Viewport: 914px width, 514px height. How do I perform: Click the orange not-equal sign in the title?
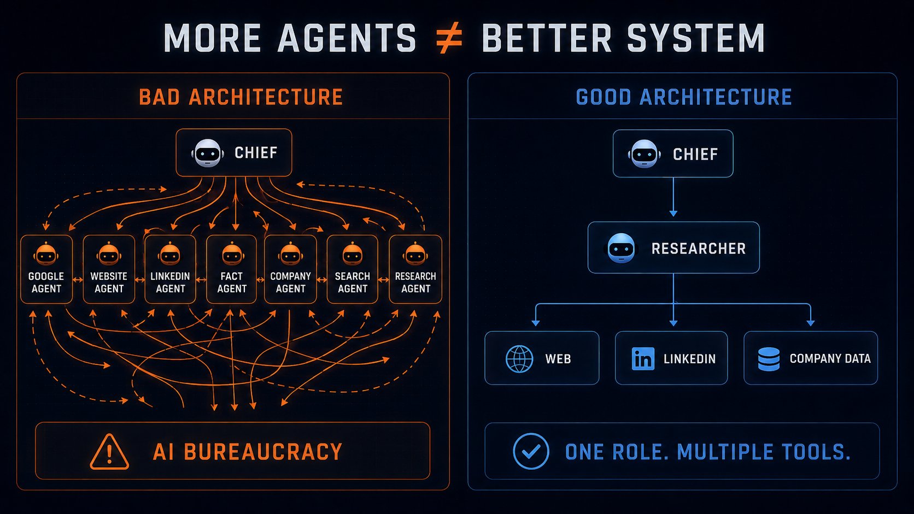pyautogui.click(x=449, y=38)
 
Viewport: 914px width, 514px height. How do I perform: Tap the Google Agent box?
pyautogui.click(x=46, y=269)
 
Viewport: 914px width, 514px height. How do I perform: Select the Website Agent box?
pyautogui.click(x=109, y=269)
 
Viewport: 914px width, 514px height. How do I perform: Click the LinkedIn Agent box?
pyautogui.click(x=170, y=269)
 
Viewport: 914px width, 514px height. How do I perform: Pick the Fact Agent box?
pyautogui.click(x=231, y=269)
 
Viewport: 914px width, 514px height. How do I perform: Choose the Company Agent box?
pyautogui.click(x=290, y=269)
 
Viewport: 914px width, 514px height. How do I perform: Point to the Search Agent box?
pyautogui.click(x=353, y=269)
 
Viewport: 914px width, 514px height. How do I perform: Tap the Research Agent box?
pyautogui.click(x=415, y=269)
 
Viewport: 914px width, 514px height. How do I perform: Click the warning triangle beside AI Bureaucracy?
pyautogui.click(x=109, y=452)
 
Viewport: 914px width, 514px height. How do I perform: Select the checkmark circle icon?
pyautogui.click(x=531, y=451)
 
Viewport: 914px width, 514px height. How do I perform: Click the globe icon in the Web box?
pyautogui.click(x=519, y=359)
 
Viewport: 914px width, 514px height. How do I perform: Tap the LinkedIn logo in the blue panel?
pyautogui.click(x=643, y=359)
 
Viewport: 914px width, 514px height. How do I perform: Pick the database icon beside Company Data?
pyautogui.click(x=769, y=359)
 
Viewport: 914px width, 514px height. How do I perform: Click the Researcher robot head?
pyautogui.click(x=621, y=248)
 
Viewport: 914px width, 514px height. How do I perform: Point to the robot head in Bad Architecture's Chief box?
pyautogui.click(x=208, y=153)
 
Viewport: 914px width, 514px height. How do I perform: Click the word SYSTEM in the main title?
pyautogui.click(x=696, y=38)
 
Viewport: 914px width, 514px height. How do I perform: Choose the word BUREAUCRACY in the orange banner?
pyautogui.click(x=263, y=452)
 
